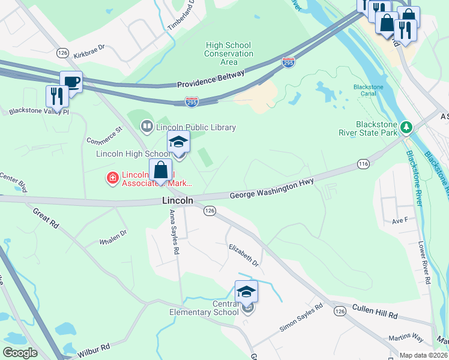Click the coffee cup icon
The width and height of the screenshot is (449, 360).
pyautogui.click(x=71, y=82)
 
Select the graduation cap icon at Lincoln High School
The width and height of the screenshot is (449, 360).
pyautogui.click(x=178, y=142)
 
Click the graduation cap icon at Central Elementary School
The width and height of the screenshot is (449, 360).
pyautogui.click(x=246, y=292)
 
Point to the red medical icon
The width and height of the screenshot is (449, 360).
pyautogui.click(x=112, y=178)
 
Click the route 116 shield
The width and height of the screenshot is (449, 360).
pyautogui.click(x=363, y=163)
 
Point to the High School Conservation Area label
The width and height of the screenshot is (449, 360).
pyautogui.click(x=229, y=53)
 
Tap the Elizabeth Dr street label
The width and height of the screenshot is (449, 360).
pyautogui.click(x=243, y=254)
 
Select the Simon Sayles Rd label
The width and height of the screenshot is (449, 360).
pyautogui.click(x=301, y=318)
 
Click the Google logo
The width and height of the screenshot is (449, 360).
pyautogui.click(x=20, y=353)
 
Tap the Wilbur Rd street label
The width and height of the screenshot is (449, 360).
pyautogui.click(x=94, y=350)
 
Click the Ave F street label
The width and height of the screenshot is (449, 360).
pyautogui.click(x=400, y=220)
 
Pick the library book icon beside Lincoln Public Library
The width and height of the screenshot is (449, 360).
pyautogui.click(x=146, y=127)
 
